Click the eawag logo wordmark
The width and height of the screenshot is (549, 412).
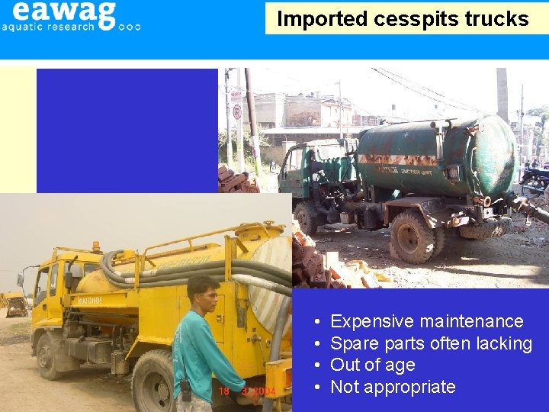point(64,11)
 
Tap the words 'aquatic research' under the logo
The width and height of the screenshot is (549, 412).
point(48,26)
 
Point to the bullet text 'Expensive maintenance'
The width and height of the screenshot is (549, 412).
point(426,321)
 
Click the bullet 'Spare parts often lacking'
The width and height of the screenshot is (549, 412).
point(431,343)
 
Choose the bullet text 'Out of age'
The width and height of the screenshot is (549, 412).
point(372,365)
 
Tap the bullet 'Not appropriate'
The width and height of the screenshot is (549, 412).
point(393,387)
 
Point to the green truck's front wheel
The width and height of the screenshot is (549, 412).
point(307,218)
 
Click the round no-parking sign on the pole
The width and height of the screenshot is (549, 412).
point(236,112)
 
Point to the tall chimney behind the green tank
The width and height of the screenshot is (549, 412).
point(502,92)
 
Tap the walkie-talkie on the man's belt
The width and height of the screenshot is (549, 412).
point(185,389)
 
